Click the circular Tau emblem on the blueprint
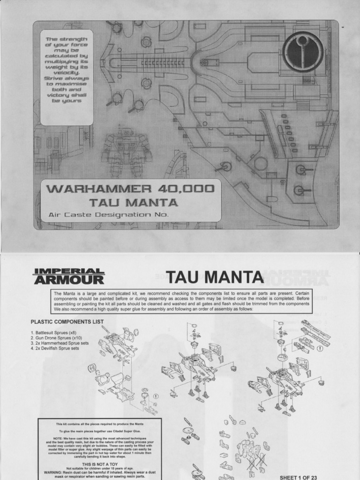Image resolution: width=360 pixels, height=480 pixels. click(x=303, y=52)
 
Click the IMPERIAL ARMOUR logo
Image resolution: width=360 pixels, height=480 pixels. click(x=68, y=277)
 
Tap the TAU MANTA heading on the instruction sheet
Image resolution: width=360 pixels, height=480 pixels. click(x=215, y=277)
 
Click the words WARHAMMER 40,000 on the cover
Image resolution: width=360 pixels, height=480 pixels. click(x=130, y=189)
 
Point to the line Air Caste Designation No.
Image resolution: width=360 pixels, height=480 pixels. click(x=108, y=215)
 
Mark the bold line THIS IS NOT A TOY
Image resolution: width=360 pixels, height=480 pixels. click(x=99, y=464)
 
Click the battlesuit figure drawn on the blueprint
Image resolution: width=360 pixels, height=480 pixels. click(x=126, y=150)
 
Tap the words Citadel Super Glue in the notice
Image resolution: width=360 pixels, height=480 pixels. click(x=125, y=431)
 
